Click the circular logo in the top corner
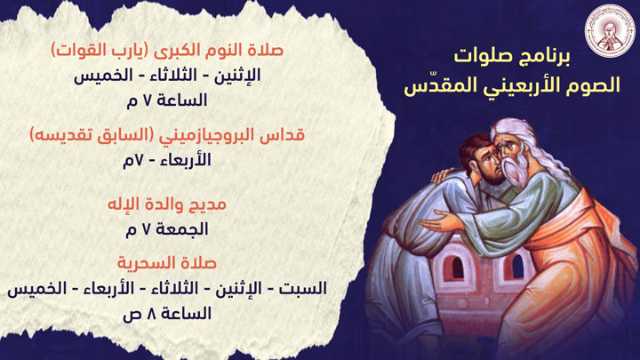pyautogui.click(x=604, y=34)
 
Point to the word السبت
pyautogui.click(x=306, y=289)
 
